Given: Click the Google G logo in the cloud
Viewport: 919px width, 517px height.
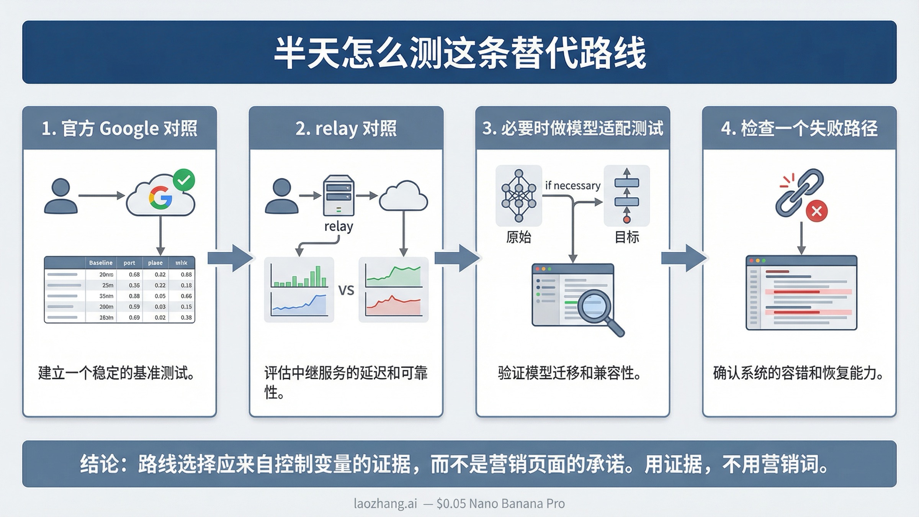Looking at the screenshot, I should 160,198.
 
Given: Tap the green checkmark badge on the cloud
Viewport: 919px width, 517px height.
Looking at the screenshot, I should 184,180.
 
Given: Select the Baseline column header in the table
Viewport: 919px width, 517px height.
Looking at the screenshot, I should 101,263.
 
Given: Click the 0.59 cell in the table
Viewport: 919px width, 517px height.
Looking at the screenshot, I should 134,307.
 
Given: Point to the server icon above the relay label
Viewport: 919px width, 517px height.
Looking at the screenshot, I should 338,195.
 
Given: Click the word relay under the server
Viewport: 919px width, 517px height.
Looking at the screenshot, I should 338,226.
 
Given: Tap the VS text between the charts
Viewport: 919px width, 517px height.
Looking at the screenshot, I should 346,290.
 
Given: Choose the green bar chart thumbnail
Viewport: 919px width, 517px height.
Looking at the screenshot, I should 299,273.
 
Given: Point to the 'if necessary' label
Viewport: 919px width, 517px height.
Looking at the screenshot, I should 572,186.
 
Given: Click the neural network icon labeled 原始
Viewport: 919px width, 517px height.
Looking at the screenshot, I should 518,196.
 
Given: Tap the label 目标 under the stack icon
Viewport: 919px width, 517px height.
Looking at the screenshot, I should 627,237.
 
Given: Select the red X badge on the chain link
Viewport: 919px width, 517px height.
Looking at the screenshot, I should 817,211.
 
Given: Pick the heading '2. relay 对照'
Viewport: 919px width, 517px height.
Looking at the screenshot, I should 346,128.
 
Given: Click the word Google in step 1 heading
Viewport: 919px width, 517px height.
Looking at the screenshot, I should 129,128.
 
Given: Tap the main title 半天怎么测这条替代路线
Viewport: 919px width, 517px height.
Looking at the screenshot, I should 459,52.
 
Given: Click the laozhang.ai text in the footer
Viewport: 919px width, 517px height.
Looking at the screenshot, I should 385,503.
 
